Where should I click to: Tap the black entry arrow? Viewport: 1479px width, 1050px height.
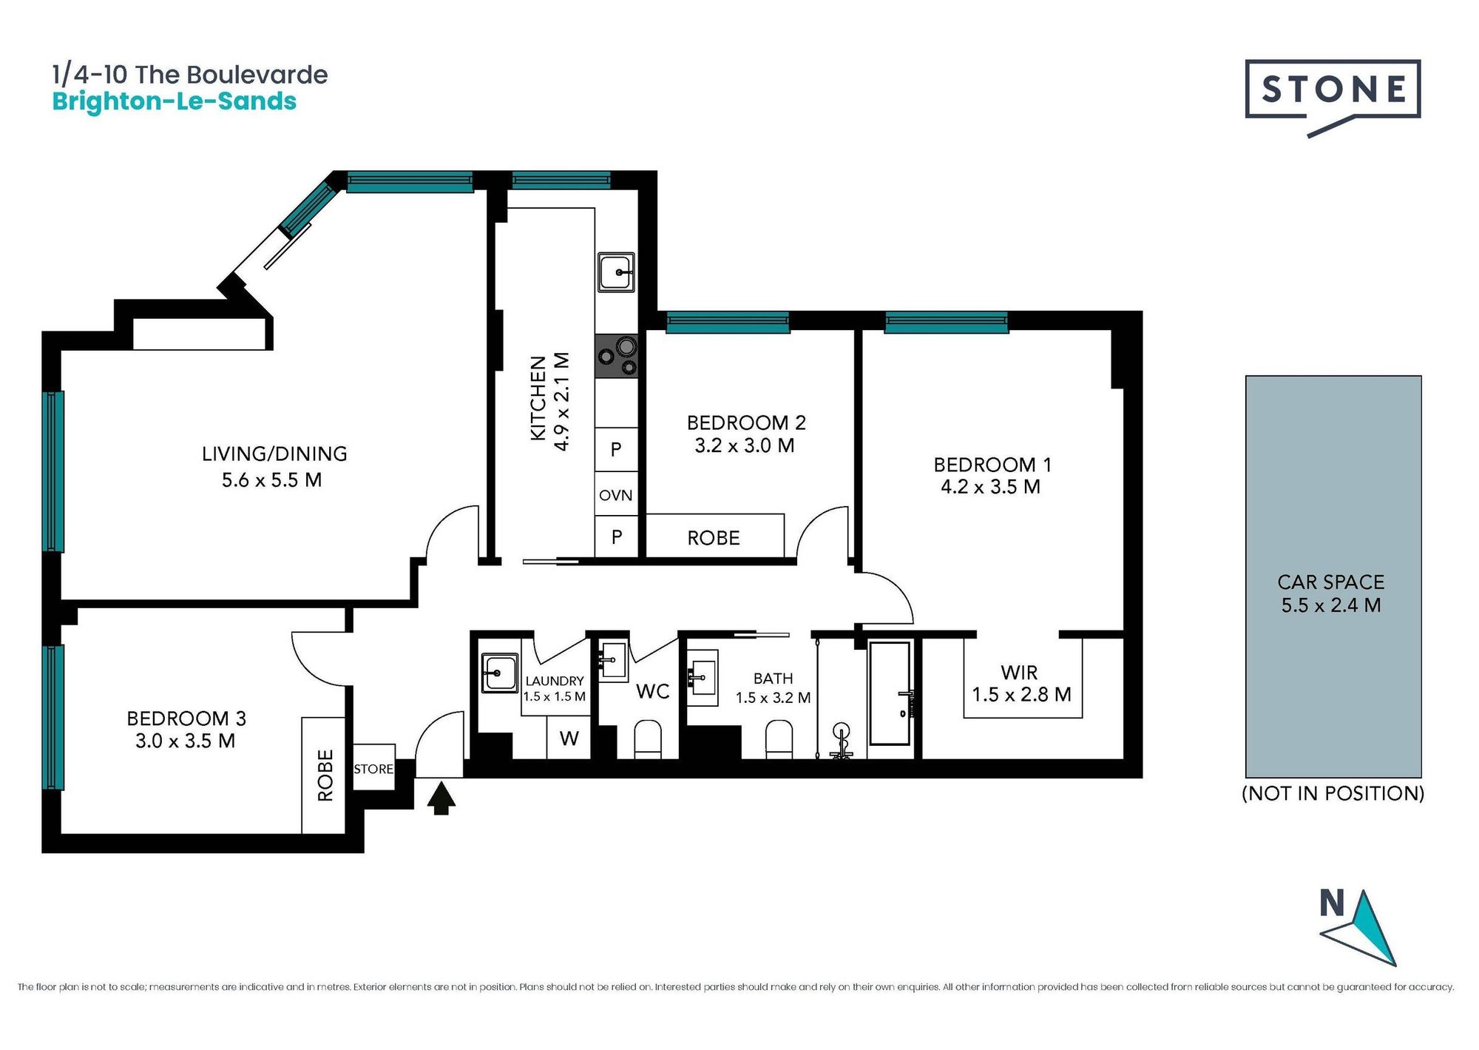[x=441, y=798]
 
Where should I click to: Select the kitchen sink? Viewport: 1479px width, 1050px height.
[x=616, y=272]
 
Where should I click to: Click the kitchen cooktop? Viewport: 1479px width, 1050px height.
[x=617, y=356]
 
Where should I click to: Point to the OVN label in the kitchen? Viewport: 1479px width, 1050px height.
[x=616, y=495]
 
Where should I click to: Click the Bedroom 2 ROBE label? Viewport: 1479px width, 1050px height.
[x=714, y=538]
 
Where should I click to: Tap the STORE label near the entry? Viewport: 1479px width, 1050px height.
[x=373, y=769]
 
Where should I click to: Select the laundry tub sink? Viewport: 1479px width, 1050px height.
[x=499, y=673]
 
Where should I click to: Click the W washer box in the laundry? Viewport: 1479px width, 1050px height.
[x=569, y=738]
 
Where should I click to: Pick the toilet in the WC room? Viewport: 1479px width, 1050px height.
[x=649, y=739]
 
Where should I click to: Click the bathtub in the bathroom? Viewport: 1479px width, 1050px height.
[x=890, y=693]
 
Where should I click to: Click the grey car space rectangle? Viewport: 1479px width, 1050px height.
[x=1333, y=576]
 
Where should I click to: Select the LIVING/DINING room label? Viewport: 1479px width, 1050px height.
[x=274, y=454]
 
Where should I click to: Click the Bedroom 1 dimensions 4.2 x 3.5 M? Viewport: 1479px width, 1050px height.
[x=990, y=487]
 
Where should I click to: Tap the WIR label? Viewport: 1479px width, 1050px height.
[x=1019, y=673]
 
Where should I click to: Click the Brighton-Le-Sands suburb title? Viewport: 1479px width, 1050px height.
[x=175, y=101]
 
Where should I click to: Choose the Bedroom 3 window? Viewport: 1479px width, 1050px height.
[x=53, y=717]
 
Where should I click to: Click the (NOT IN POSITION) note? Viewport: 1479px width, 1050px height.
[x=1333, y=793]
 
